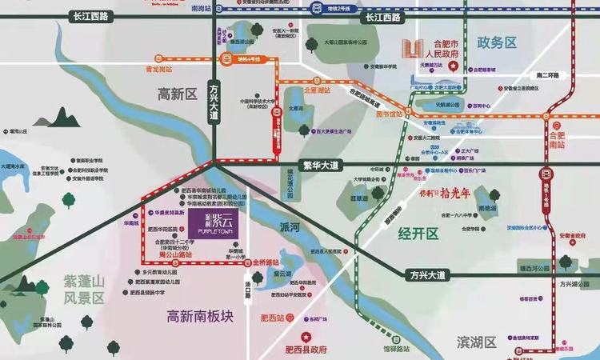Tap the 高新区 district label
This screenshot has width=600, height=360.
177,94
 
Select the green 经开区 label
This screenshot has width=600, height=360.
419,234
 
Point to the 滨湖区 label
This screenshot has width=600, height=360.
476,342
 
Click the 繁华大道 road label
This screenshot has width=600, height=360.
322,166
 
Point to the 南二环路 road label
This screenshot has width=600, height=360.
549,75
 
